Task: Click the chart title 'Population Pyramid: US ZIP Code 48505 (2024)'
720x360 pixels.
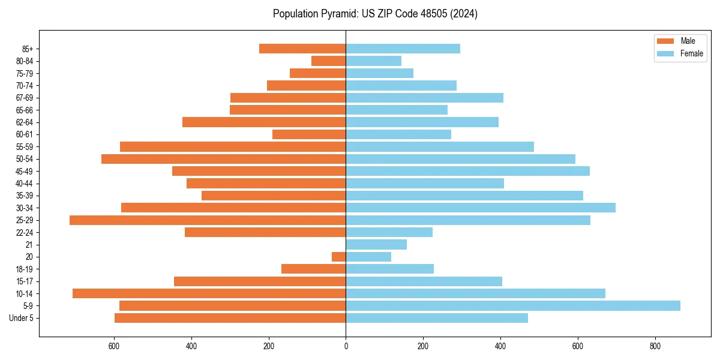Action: click(x=375, y=14)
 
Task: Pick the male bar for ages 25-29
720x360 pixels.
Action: click(x=208, y=220)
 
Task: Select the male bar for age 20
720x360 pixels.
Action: click(x=339, y=257)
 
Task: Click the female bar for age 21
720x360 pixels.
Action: click(x=376, y=244)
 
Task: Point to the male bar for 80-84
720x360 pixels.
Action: click(x=329, y=61)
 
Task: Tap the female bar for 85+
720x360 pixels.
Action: click(x=403, y=49)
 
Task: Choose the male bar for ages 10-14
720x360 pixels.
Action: click(x=209, y=293)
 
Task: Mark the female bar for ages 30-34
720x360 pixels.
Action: click(x=481, y=208)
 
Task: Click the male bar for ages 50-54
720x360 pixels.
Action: click(x=223, y=159)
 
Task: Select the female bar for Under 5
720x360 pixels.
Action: click(x=437, y=318)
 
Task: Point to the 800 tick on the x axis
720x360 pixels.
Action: click(x=655, y=346)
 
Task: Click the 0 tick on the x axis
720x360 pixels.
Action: click(x=346, y=346)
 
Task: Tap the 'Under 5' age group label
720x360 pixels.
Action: click(x=21, y=318)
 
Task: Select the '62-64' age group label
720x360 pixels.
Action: click(x=25, y=122)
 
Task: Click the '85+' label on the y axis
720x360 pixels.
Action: click(x=27, y=49)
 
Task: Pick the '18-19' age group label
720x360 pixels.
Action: click(x=25, y=269)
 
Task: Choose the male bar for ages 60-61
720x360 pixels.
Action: click(x=309, y=134)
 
